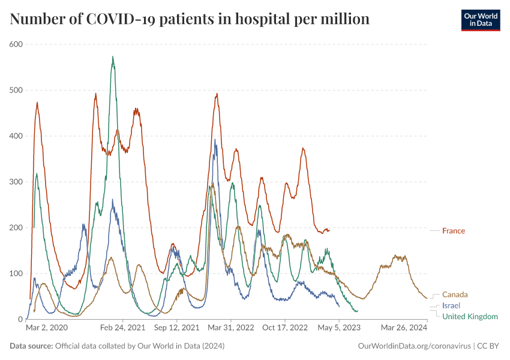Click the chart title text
(190, 19)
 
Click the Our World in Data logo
(480, 20)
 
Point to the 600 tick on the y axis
(16, 44)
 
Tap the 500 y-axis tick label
(16, 90)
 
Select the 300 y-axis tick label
(16, 182)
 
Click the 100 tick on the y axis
(16, 274)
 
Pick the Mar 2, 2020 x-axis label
(47, 328)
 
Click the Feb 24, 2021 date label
(122, 328)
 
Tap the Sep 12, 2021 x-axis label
(176, 328)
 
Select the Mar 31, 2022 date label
(231, 328)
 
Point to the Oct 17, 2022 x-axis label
(285, 328)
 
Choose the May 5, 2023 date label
(339, 328)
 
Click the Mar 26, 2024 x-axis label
(404, 328)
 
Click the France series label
(453, 230)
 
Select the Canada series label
(455, 295)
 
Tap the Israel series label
(451, 305)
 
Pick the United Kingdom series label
(470, 316)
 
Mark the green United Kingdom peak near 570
(113, 57)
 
